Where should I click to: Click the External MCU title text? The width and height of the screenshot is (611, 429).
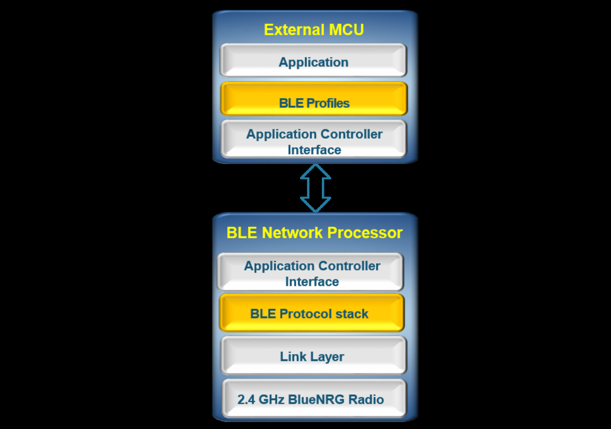[314, 30]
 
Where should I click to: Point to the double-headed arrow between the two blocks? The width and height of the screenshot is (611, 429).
[315, 188]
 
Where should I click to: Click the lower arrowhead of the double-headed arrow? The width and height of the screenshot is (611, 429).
[315, 205]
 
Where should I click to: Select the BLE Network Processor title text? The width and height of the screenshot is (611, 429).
[314, 233]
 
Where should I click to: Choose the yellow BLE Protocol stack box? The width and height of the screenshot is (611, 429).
[311, 313]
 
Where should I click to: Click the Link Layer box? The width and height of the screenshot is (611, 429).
[313, 356]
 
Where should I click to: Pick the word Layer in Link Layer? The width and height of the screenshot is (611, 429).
[327, 357]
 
